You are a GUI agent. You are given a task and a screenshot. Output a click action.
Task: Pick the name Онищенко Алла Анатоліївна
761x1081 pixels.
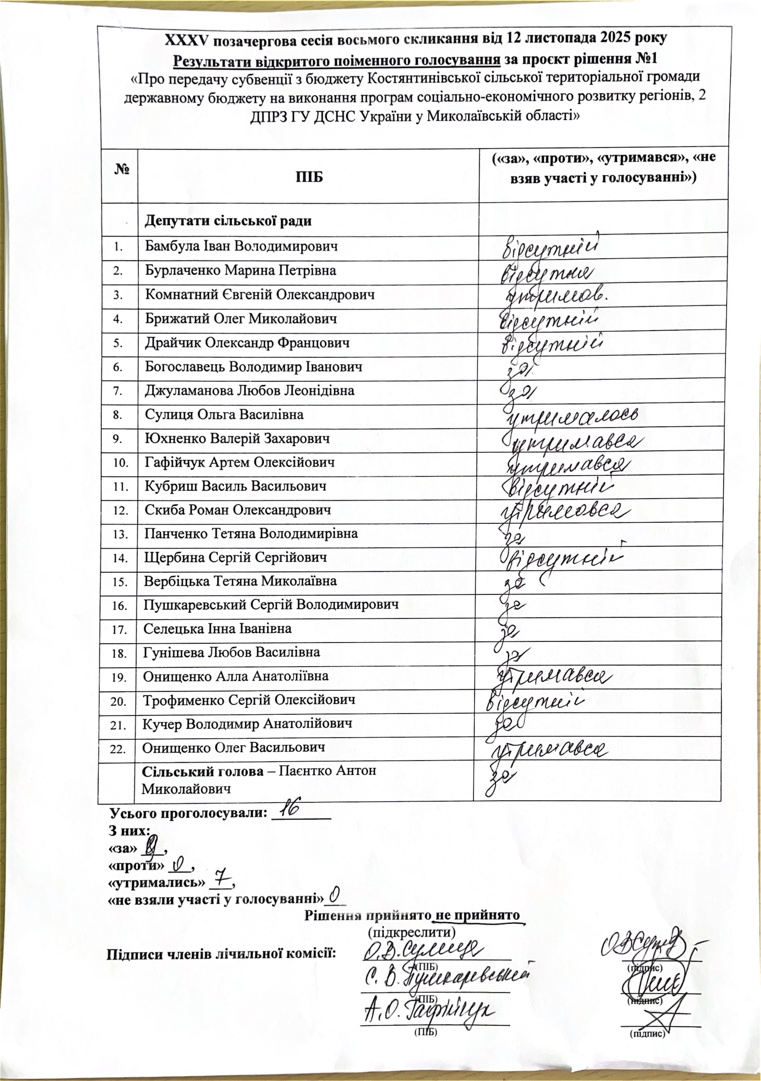(236, 677)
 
